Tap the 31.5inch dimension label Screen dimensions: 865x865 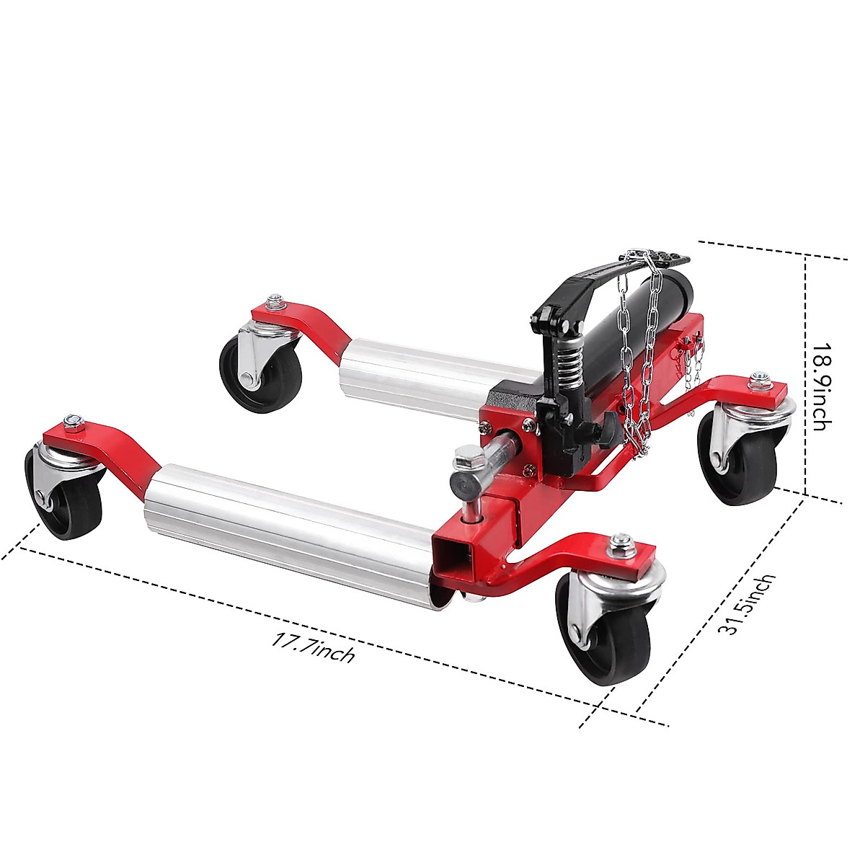(x=745, y=604)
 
